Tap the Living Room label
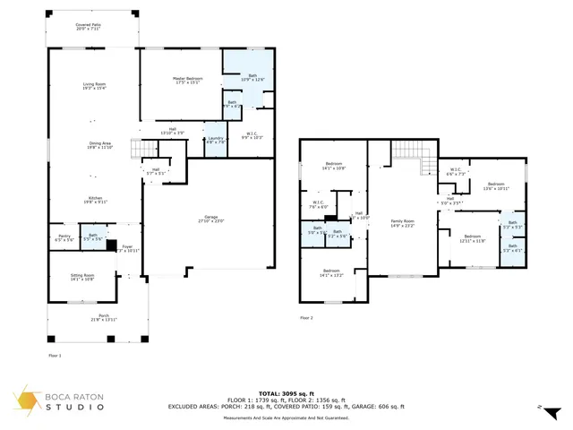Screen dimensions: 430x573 [x=94, y=86]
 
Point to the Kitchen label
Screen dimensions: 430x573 [x=94, y=200]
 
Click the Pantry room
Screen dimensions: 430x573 [x=64, y=238]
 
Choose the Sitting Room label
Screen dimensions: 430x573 [x=81, y=278]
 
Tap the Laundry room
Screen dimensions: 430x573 [x=216, y=141]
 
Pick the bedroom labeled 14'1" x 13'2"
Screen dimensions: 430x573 [x=331, y=272]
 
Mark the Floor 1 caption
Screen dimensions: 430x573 [x=54, y=356]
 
